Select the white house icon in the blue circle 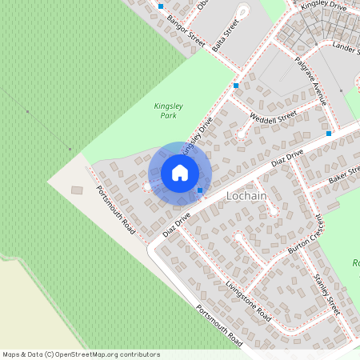coord(180,172)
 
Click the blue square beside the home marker coord(200,190)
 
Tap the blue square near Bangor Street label coord(160,6)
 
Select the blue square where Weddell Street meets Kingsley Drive coord(236,85)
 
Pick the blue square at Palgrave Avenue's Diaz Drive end coord(329,133)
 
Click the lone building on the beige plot coord(77,190)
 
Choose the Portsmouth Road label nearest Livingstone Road coord(218,325)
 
